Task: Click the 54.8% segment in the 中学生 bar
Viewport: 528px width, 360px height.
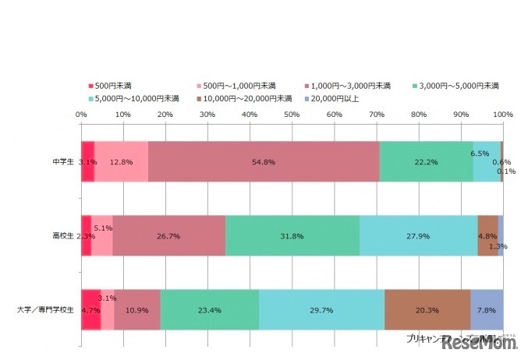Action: (x=264, y=161)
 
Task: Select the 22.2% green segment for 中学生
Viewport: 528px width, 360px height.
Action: (x=427, y=161)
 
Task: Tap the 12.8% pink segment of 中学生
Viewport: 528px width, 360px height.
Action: (x=121, y=161)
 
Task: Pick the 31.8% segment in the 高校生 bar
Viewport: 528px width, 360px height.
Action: (x=292, y=235)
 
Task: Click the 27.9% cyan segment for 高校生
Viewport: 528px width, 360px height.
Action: (x=419, y=235)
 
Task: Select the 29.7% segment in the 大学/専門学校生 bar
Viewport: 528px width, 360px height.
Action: (x=321, y=309)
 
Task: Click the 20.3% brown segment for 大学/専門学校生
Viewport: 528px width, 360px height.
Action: (x=427, y=309)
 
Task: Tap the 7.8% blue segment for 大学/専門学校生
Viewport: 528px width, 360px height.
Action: (x=487, y=309)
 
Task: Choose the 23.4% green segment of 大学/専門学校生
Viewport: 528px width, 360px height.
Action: (x=209, y=309)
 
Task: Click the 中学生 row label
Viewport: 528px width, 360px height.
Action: (x=63, y=161)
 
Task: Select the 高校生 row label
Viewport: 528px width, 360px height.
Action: (x=63, y=235)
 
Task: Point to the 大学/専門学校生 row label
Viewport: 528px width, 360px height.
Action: (x=46, y=309)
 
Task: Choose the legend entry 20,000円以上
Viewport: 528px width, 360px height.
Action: (x=336, y=98)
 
